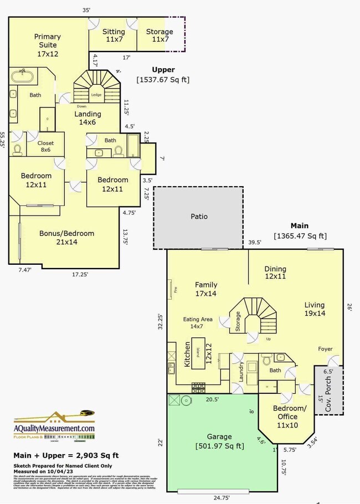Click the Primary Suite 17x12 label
tap(47, 45)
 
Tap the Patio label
tap(199, 217)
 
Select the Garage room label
tap(219, 441)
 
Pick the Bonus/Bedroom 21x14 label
tap(66, 238)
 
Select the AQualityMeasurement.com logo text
tap(54, 428)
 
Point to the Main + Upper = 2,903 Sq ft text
tap(66, 455)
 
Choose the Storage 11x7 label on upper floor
tap(160, 35)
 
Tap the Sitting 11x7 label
tap(114, 35)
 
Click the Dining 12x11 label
tap(275, 271)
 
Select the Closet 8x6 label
tap(46, 146)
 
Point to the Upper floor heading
tap(163, 70)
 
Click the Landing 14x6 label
tap(88, 118)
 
